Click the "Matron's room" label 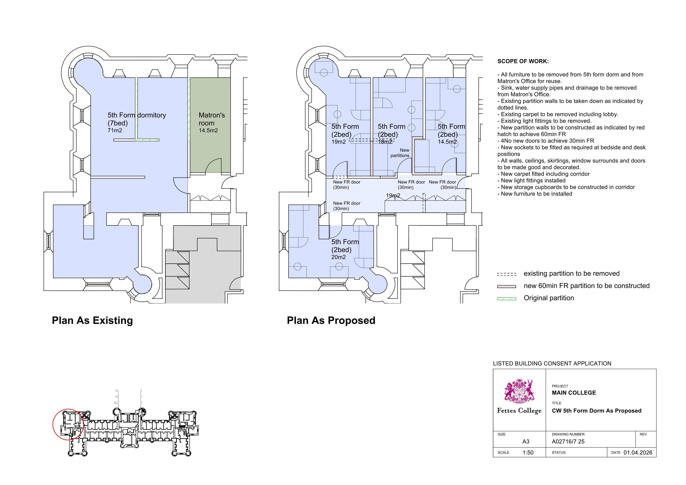[x=212, y=119]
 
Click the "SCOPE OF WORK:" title [x=523, y=61]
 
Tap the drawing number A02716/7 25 [x=568, y=442]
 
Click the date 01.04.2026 [x=638, y=453]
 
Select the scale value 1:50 [x=528, y=453]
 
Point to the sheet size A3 [x=526, y=442]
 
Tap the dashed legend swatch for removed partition [x=506, y=274]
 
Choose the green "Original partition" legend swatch [x=506, y=299]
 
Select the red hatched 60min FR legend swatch [x=506, y=286]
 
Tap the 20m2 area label [x=338, y=257]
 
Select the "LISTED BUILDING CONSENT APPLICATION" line [x=552, y=364]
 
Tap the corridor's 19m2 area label [x=393, y=196]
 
